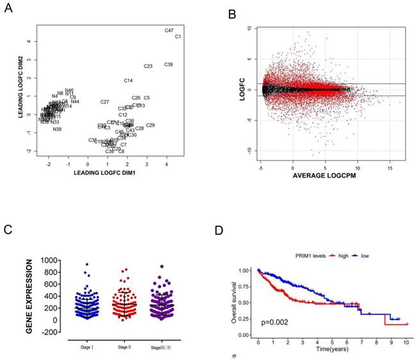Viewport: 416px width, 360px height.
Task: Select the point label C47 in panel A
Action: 169,30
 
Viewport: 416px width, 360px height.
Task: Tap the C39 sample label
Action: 168,65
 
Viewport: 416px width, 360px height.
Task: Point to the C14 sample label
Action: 128,81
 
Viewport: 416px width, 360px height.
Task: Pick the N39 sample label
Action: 57,129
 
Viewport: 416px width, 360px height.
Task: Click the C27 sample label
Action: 105,102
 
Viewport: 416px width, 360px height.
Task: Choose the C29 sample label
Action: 150,125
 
